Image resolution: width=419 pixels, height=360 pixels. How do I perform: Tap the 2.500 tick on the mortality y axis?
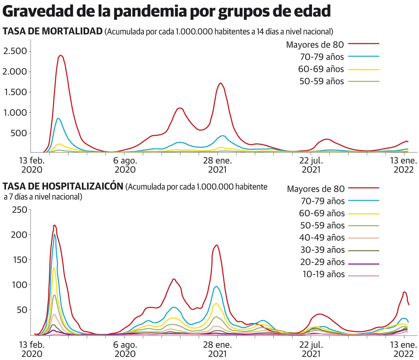click(x=15, y=51)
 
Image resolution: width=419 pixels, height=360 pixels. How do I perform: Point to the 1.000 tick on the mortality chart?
click(x=15, y=113)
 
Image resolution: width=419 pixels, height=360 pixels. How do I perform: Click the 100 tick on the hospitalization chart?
click(x=19, y=285)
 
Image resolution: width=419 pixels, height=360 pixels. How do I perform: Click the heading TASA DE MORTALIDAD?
click(x=52, y=32)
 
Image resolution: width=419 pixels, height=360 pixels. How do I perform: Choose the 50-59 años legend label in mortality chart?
click(x=321, y=81)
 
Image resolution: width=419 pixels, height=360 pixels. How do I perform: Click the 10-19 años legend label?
click(x=323, y=274)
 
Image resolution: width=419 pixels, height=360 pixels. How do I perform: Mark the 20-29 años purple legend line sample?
click(x=363, y=264)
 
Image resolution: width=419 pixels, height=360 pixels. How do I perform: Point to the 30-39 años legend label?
click(x=322, y=250)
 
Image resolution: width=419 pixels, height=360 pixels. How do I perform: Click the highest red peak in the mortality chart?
click(x=61, y=55)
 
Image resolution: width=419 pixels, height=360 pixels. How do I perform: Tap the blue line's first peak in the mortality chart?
click(x=58, y=118)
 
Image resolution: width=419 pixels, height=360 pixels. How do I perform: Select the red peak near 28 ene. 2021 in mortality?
click(x=221, y=83)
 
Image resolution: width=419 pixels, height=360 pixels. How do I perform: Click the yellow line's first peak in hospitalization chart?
click(x=54, y=268)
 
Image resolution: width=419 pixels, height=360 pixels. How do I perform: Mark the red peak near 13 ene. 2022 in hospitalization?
click(x=404, y=292)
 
